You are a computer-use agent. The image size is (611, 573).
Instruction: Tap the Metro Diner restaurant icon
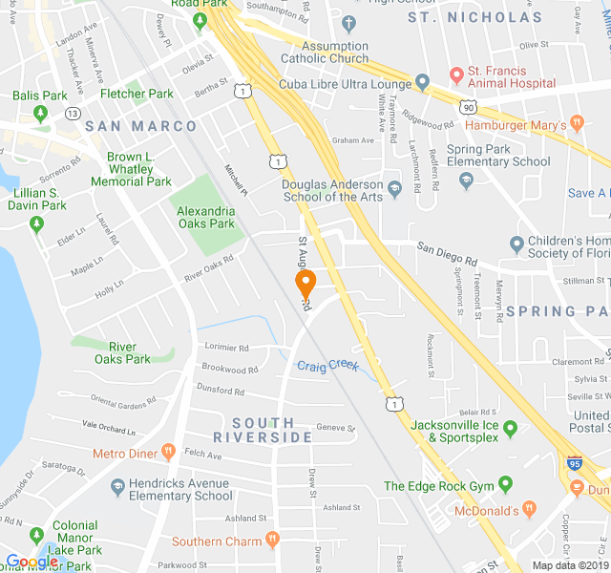point(169,452)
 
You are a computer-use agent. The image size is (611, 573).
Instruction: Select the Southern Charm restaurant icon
point(272,541)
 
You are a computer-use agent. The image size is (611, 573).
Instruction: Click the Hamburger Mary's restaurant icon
point(577,123)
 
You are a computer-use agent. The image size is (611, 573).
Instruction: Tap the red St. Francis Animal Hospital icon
point(455,73)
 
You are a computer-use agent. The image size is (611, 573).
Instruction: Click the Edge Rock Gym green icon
point(505,486)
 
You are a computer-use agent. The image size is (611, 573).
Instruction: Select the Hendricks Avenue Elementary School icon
point(116,487)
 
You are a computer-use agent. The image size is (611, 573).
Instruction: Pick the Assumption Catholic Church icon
point(349,24)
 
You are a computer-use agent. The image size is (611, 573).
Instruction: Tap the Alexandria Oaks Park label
point(205,217)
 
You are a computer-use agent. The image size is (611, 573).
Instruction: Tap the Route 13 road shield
point(74,114)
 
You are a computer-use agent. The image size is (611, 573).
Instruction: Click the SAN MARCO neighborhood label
point(140,126)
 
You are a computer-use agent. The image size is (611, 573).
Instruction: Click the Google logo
point(32,562)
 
